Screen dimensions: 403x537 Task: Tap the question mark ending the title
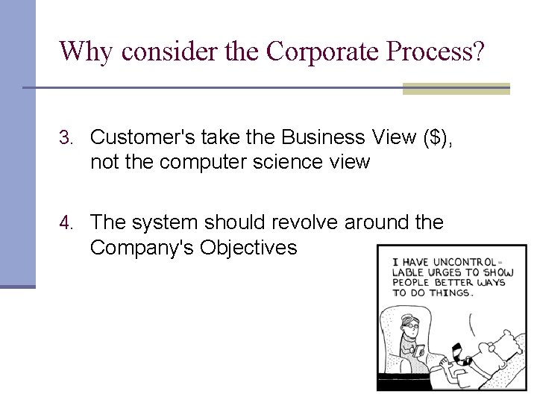[477, 51]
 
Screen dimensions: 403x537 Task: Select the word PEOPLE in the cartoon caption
[412, 283]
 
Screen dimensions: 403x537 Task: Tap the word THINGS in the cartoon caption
[451, 293]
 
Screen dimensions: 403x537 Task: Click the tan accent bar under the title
[456, 89]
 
